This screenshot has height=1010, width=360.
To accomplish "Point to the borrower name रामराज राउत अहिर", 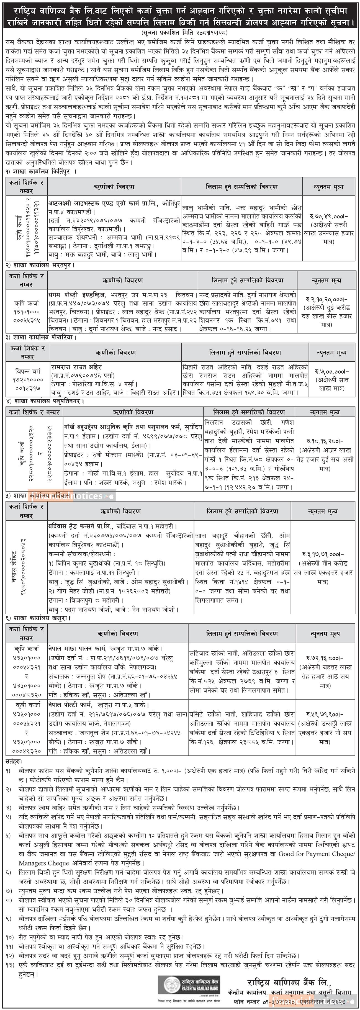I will point(76,367).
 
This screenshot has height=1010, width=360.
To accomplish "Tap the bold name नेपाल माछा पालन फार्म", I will point(75,649).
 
